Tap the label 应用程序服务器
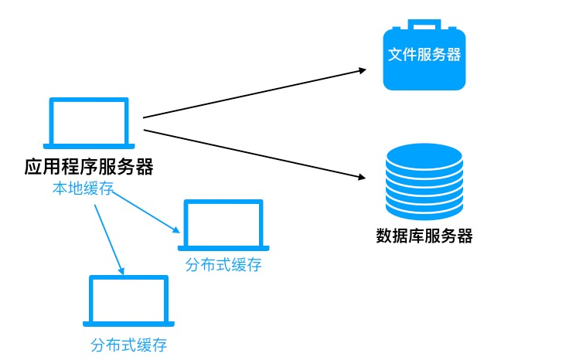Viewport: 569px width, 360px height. [88, 167]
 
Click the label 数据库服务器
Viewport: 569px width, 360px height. [424, 236]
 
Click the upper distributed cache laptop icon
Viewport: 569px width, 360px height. [223, 225]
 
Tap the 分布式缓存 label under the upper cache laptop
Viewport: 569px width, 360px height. [223, 266]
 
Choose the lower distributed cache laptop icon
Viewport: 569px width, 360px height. [128, 301]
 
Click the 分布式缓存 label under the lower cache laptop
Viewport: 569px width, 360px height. [128, 345]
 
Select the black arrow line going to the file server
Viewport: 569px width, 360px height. [255, 93]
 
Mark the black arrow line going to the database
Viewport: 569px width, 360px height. [255, 154]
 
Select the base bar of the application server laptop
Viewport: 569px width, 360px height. [89, 146]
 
